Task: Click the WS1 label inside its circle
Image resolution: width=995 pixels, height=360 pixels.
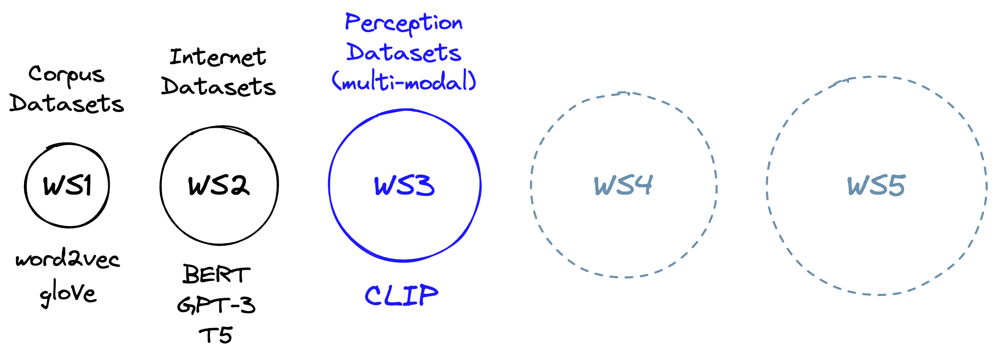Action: coord(67,185)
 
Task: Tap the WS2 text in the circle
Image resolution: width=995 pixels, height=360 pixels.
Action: coord(219,185)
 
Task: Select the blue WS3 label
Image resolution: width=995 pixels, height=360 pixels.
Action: coord(404,185)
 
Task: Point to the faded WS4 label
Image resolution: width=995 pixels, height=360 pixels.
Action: coord(623,185)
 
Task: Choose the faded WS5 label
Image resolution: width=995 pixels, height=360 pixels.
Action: coord(876,185)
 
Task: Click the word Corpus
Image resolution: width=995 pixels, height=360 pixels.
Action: coord(66,75)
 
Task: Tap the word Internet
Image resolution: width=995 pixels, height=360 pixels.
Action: coord(218,57)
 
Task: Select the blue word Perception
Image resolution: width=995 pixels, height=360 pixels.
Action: coord(403,23)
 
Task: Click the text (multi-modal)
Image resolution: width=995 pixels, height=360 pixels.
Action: coord(404,81)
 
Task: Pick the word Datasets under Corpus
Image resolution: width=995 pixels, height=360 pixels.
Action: coord(67,104)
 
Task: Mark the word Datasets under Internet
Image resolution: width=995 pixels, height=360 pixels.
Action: coord(218,87)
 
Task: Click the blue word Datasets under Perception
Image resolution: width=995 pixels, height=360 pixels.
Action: coord(403,53)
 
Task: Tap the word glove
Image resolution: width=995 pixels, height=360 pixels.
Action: coord(68,293)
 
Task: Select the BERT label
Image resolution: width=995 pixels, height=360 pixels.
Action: coord(217,274)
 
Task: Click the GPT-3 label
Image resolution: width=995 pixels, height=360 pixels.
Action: coord(216,305)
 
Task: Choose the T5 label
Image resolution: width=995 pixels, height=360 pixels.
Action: coord(215,335)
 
